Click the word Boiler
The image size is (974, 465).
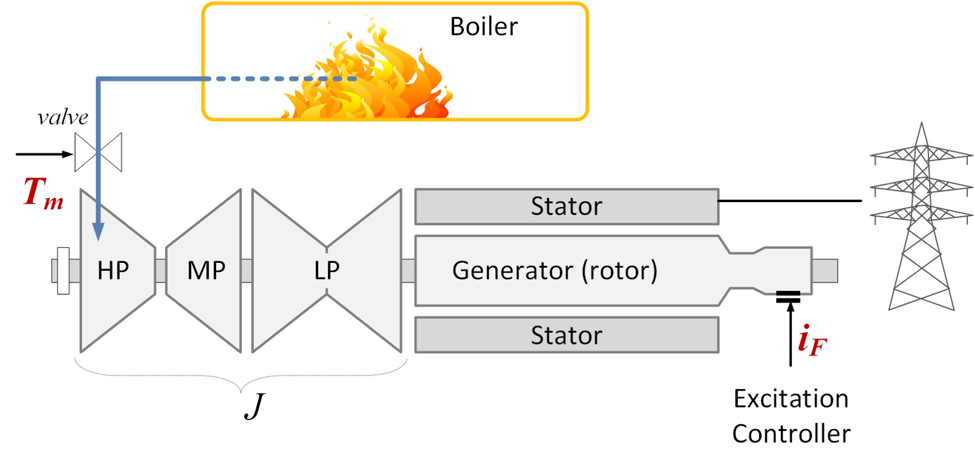click(483, 27)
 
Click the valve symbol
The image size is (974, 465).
click(98, 152)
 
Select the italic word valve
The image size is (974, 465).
click(63, 117)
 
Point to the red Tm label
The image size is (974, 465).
click(43, 193)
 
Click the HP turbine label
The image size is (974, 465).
click(113, 270)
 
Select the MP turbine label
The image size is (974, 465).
click(206, 270)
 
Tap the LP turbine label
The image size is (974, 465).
click(327, 270)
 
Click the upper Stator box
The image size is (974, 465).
click(566, 206)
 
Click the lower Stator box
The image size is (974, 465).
click(566, 335)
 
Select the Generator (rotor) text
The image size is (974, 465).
click(555, 270)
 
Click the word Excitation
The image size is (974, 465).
click(791, 399)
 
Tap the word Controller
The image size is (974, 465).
click(791, 434)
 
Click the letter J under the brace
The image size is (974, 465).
click(255, 406)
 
